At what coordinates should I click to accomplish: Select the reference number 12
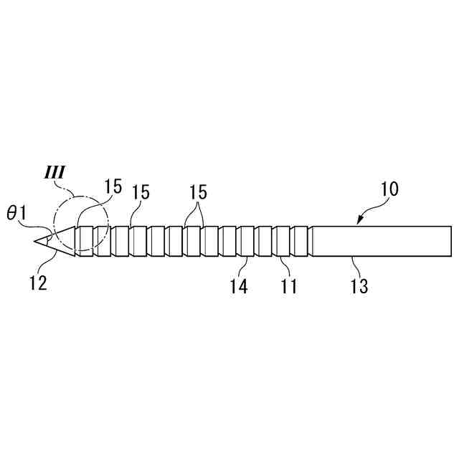[x=39, y=283]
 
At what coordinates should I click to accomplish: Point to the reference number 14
[x=238, y=286]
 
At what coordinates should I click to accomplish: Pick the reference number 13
[x=359, y=286]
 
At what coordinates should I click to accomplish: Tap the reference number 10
[x=389, y=190]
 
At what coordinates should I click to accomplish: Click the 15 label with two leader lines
[x=199, y=192]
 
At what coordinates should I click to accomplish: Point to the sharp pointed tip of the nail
[x=34, y=242]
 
